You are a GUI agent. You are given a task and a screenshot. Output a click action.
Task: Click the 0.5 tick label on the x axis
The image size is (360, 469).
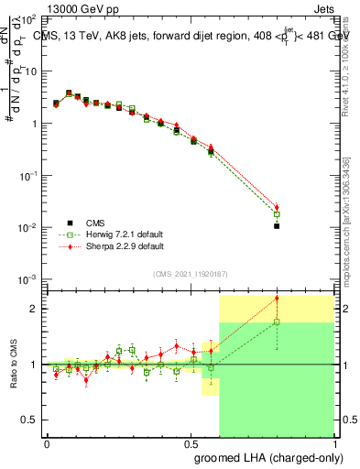point(191,442)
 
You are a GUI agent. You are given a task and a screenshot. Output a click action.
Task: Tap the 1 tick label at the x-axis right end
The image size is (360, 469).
point(334,442)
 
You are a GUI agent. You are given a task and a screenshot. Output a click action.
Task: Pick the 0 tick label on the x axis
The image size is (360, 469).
point(47,442)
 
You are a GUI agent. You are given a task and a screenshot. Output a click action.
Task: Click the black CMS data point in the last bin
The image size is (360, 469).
point(277,225)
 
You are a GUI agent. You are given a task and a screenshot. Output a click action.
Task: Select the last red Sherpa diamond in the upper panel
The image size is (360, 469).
point(277,207)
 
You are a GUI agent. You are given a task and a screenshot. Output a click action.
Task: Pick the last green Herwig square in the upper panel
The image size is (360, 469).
point(277,214)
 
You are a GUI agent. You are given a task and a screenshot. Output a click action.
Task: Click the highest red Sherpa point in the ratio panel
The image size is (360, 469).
point(277,298)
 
